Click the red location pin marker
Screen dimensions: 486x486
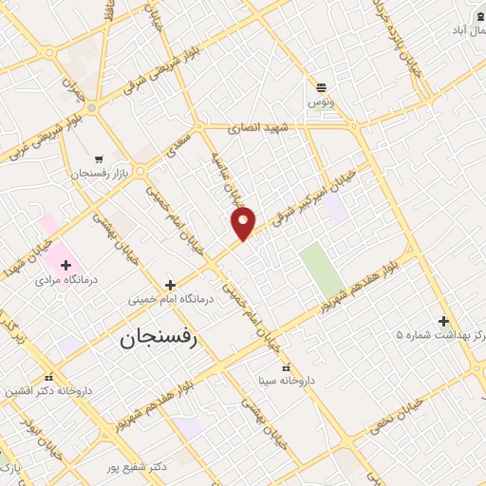[x=244, y=223]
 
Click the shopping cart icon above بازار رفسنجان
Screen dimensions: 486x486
[x=99, y=159]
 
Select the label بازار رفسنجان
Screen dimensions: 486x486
[x=99, y=174]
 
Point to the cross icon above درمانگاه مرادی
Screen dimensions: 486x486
[x=65, y=265]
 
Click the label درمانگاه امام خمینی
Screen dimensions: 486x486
[x=172, y=299]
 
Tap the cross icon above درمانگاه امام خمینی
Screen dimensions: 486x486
[x=170, y=284]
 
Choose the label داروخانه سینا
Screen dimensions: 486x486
[x=287, y=381]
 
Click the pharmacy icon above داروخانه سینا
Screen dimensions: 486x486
[x=286, y=366]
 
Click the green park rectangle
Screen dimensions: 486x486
[x=323, y=269]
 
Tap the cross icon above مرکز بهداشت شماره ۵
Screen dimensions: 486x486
[x=442, y=320]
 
